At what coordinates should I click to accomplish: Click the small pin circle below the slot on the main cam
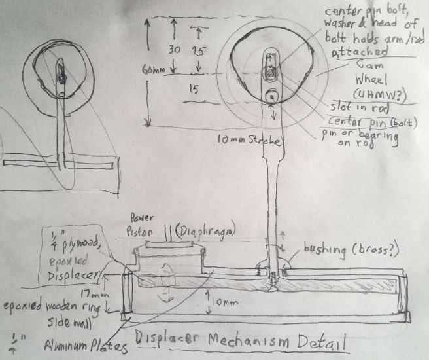271,97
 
